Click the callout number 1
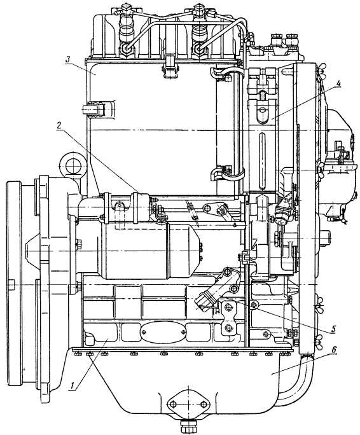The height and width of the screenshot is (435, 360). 73,386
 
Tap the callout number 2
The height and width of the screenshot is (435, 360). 59,125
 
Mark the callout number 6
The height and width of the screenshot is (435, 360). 334,350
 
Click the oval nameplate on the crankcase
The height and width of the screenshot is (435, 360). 163,332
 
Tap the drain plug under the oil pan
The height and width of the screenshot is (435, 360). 188,425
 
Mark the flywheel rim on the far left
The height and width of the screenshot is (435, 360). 15,283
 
